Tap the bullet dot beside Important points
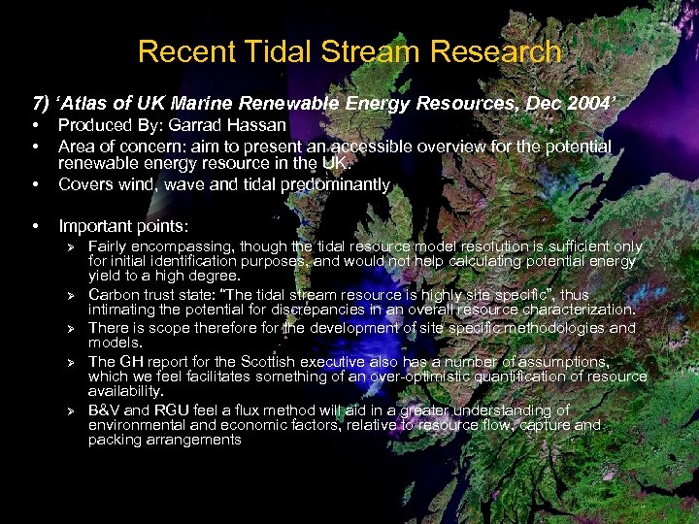[35, 226]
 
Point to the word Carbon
[116, 295]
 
